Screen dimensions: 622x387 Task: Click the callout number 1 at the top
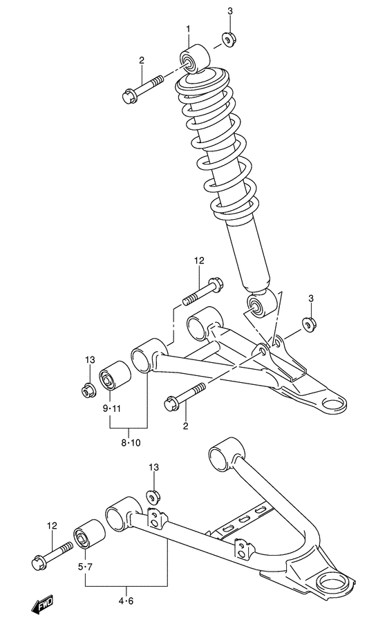point(187,28)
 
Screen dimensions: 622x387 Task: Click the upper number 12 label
point(199,261)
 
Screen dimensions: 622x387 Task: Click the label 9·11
point(112,408)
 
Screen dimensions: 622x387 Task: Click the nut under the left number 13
point(87,390)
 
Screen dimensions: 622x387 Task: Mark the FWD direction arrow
point(44,605)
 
